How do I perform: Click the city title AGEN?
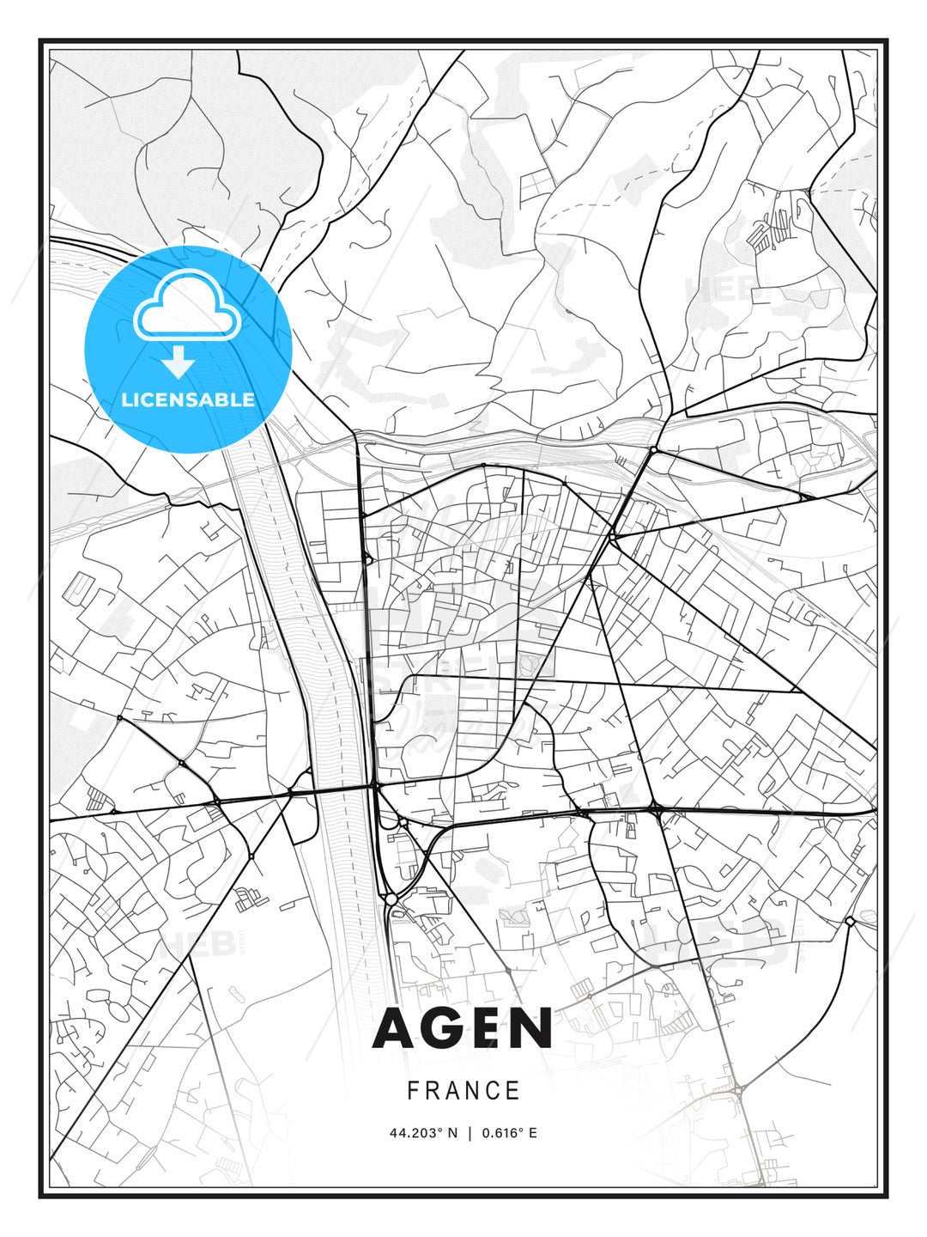pos(463,1028)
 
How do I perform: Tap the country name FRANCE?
pos(463,1091)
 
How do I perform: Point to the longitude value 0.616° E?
pos(509,1133)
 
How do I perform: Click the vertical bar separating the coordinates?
pos(470,1133)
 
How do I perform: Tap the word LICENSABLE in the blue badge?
pos(188,399)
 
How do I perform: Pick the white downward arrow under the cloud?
pos(179,363)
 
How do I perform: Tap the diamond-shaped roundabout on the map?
pos(849,921)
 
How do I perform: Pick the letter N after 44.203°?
pos(452,1133)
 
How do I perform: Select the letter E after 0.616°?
pos(532,1133)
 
